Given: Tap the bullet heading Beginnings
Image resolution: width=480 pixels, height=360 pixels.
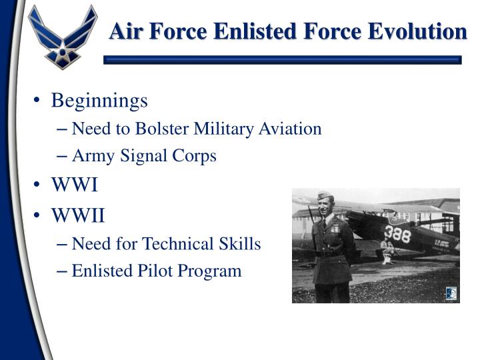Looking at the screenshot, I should (99, 101).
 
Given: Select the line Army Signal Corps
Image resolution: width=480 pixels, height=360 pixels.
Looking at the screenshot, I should (144, 156).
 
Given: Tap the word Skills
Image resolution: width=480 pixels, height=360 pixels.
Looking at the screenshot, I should (241, 244).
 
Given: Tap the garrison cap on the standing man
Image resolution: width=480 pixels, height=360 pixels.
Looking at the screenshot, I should (326, 197).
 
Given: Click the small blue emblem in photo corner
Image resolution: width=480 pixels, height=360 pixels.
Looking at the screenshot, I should (451, 293).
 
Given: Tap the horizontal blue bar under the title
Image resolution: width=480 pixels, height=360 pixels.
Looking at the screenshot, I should (283, 59).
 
